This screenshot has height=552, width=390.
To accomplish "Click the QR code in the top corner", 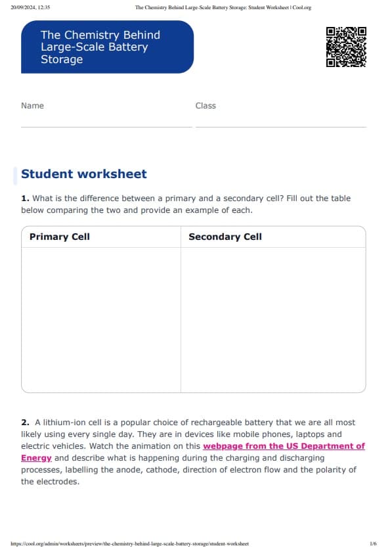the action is (345, 47).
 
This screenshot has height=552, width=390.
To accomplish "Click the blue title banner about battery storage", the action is (107, 47).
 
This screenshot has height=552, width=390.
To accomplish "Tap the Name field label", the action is (32, 106).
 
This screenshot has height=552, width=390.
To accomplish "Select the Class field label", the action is (206, 106).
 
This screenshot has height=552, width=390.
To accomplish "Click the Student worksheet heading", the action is (84, 174).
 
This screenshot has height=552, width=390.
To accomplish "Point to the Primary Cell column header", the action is (60, 237).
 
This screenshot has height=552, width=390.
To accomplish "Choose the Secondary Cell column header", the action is (225, 237).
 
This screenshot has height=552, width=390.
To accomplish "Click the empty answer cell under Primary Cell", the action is (100, 319).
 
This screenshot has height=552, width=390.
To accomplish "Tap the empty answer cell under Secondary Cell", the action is (272, 319).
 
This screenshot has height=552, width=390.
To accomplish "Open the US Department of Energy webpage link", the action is (284, 446).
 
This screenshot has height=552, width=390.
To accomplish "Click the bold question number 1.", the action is (25, 198).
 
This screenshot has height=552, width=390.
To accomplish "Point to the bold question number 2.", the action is (25, 423).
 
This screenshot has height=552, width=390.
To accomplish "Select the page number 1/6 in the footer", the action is (373, 543).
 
